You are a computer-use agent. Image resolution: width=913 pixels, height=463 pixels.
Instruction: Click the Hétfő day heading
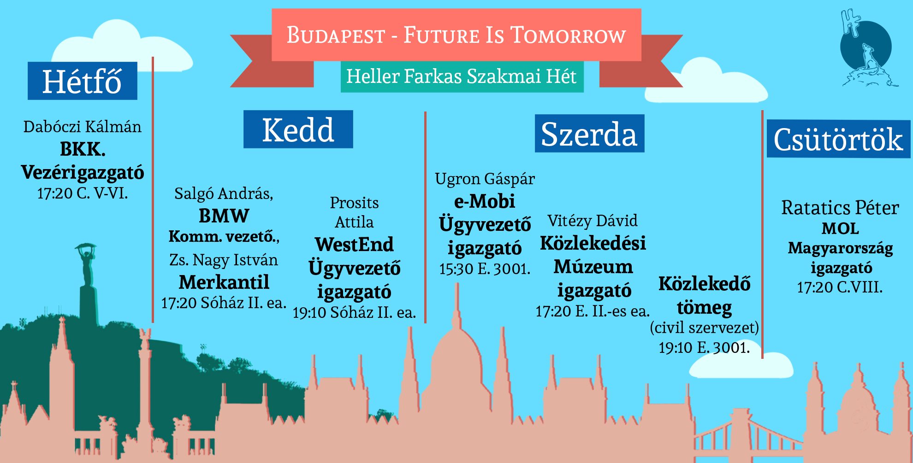[x=82, y=81]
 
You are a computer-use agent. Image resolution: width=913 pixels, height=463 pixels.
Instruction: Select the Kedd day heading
[x=298, y=129]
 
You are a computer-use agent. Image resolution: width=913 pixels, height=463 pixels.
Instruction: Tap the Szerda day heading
[x=589, y=134]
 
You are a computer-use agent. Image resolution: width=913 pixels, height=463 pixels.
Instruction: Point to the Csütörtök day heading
[x=838, y=139]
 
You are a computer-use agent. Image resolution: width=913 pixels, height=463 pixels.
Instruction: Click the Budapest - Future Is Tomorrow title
[x=456, y=35]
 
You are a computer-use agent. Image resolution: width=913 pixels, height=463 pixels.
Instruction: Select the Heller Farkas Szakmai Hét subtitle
[x=462, y=76]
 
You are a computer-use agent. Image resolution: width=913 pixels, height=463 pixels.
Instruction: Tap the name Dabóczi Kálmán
[x=83, y=127]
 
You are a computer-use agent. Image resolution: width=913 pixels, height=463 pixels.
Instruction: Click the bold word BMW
[x=224, y=216]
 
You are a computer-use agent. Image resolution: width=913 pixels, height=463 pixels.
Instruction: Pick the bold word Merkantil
[x=224, y=282]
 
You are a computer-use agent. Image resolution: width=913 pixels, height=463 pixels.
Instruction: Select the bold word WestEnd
[x=354, y=244]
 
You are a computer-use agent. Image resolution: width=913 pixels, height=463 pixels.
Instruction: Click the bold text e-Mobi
[x=485, y=201]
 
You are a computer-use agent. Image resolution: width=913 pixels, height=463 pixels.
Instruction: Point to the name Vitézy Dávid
[x=593, y=221]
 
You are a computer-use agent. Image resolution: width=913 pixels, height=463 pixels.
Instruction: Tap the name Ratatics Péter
[x=840, y=208]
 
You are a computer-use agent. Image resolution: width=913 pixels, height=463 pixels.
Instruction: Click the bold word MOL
[x=840, y=229]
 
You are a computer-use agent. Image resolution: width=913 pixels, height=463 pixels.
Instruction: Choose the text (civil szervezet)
[x=704, y=328]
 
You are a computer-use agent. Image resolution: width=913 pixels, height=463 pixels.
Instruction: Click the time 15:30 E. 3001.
[x=485, y=269]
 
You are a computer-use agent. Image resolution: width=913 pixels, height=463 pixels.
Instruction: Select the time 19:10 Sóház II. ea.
[x=354, y=312]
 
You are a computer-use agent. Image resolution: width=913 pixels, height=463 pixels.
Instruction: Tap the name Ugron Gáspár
[x=485, y=179]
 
